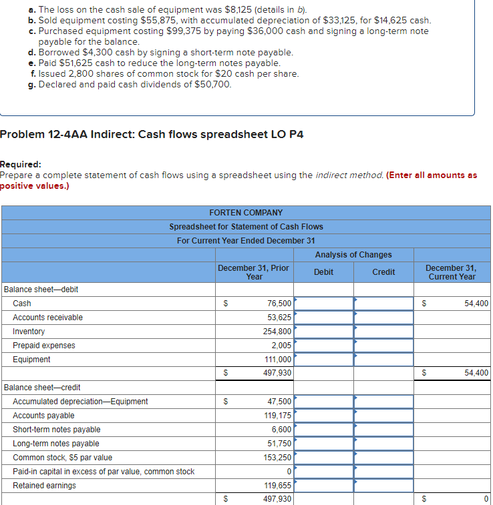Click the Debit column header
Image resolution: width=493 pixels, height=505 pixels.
point(323,272)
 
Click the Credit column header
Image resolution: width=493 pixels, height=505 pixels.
point(383,272)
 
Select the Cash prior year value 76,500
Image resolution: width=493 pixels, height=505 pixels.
point(279,304)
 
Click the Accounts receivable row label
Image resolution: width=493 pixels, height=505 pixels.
point(47,318)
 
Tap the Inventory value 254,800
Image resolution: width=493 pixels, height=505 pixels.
point(277,332)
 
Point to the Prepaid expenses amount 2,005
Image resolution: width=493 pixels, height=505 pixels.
point(281,346)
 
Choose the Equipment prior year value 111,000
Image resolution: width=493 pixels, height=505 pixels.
point(277,360)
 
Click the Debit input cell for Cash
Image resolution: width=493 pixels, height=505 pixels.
point(324,304)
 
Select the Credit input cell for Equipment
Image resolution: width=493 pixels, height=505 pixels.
point(383,360)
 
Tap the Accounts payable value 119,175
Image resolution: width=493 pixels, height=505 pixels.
point(277,416)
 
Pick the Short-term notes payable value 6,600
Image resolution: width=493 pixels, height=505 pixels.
point(281,430)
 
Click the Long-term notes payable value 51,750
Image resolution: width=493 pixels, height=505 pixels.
point(279,444)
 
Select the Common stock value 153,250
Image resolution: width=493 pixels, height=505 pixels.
point(277,458)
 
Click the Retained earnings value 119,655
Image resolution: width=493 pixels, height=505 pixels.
point(277,486)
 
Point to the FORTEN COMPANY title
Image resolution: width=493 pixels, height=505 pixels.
point(246,213)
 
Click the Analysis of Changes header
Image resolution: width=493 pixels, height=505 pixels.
point(353,255)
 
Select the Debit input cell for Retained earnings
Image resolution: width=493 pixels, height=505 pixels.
point(324,486)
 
